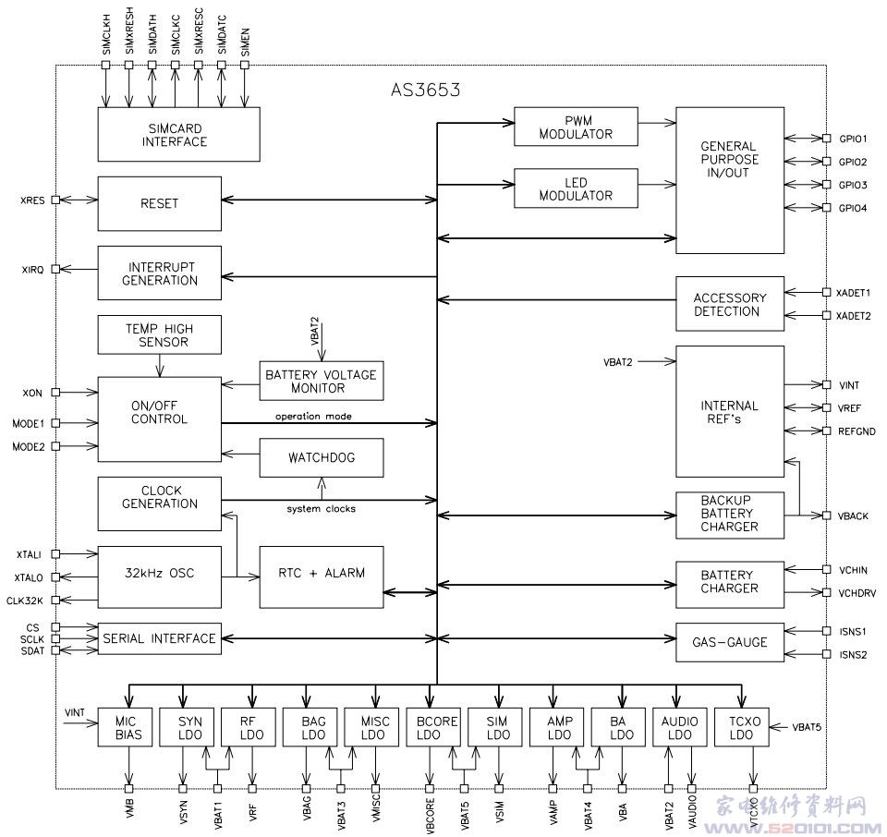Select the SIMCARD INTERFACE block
click(175, 135)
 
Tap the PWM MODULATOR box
click(576, 127)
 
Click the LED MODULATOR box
click(576, 188)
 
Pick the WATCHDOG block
click(321, 457)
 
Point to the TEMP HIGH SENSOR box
click(159, 334)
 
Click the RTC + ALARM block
click(321, 573)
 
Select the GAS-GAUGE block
click(730, 642)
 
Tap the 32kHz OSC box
click(159, 573)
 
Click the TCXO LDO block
click(742, 728)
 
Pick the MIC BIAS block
click(128, 728)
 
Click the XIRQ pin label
click(32, 270)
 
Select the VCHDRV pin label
click(855, 593)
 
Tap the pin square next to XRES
click(55, 199)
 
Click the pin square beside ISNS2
click(826, 655)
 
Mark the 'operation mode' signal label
click(312, 417)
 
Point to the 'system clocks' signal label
click(321, 509)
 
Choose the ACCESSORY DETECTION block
click(730, 304)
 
